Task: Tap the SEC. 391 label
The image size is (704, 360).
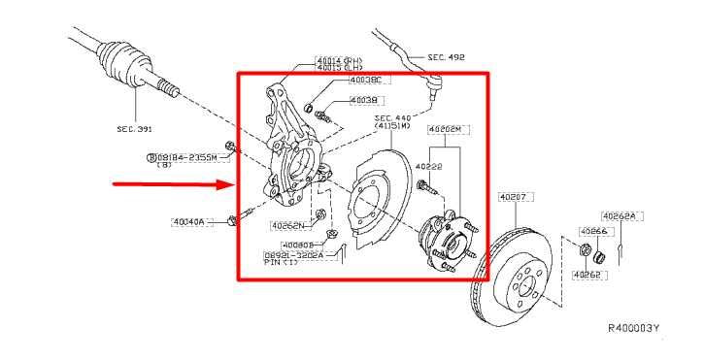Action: pos(135,127)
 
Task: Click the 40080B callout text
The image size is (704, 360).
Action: pos(301,245)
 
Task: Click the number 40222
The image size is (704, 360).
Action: pos(428,166)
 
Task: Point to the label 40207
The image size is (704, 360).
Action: pos(512,196)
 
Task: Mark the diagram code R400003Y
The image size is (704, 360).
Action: pos(635,327)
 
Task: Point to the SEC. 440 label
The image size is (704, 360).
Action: pos(394,118)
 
